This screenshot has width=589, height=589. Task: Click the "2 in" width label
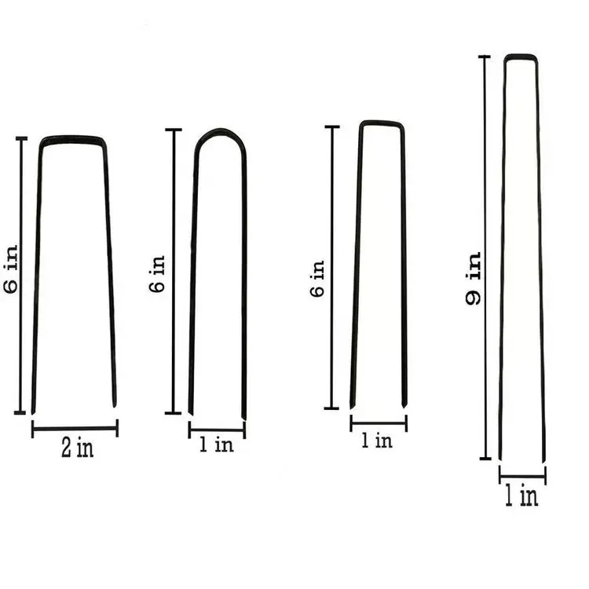75,448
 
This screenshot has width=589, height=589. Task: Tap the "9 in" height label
474,279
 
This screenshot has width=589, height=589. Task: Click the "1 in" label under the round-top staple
216,445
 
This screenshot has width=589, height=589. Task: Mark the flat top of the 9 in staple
520,56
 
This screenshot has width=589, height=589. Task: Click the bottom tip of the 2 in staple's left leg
33,411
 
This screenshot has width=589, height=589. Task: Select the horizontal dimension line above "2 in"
75,428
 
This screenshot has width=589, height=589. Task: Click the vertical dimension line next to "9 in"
485,259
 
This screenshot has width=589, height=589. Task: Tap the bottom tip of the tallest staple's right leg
543,459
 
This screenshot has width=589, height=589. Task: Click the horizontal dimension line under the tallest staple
522,475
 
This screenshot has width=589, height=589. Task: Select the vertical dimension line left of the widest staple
21,275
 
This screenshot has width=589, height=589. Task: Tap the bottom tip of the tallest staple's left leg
500,459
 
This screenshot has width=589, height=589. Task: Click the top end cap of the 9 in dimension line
485,57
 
